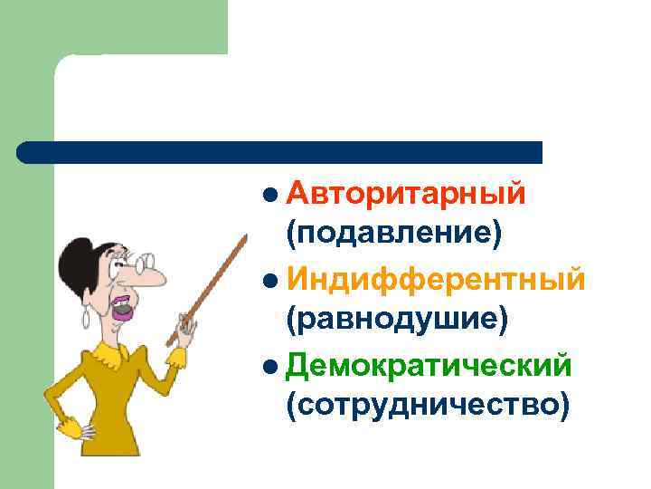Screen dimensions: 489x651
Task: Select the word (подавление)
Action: (393, 234)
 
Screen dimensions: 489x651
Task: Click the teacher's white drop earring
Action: (87, 318)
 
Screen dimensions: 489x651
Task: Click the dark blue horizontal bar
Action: (280, 152)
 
